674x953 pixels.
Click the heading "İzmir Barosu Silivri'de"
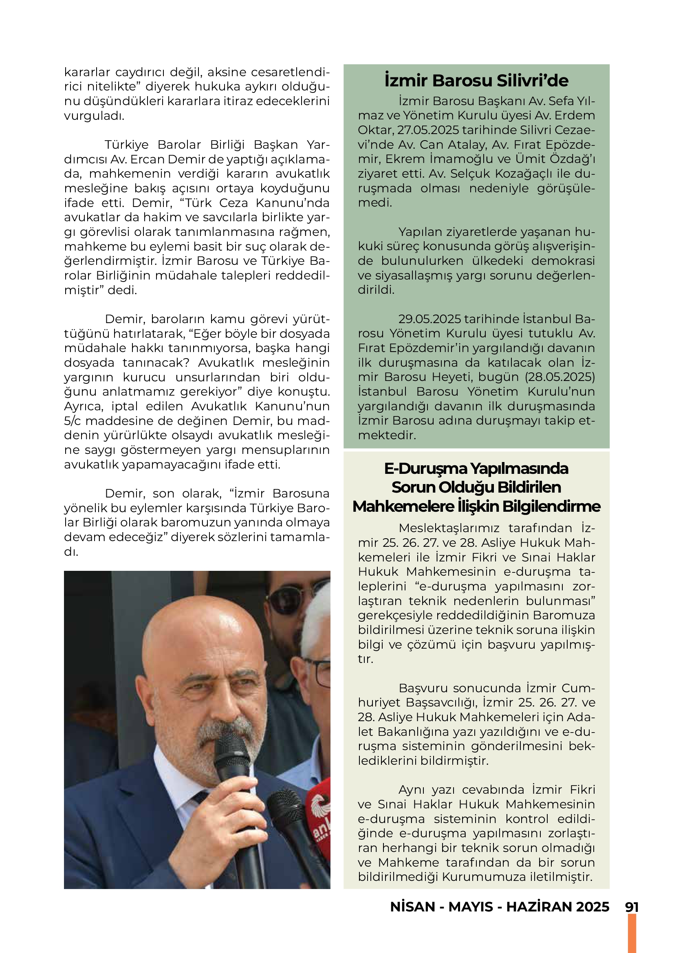(x=476, y=81)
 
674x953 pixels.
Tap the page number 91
(x=632, y=907)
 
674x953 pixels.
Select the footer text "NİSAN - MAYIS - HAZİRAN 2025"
(x=499, y=907)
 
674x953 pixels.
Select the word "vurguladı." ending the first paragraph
(x=94, y=116)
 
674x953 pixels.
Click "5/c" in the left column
(x=73, y=421)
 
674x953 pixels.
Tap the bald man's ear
(x=146, y=702)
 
